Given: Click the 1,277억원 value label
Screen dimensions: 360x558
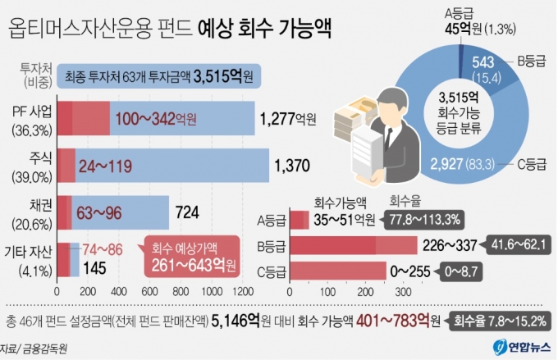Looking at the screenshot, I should click(287, 119).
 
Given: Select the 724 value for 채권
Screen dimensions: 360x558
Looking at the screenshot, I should click(187, 213).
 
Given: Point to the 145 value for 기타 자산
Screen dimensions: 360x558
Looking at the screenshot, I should click(95, 267).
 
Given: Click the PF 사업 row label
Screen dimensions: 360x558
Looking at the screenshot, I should click(29, 112).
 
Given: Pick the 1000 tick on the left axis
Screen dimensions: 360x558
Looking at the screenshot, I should click(210, 290).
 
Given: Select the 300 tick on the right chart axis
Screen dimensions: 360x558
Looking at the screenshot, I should click(402, 290).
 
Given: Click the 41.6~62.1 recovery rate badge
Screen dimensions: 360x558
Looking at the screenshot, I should click(516, 244).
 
